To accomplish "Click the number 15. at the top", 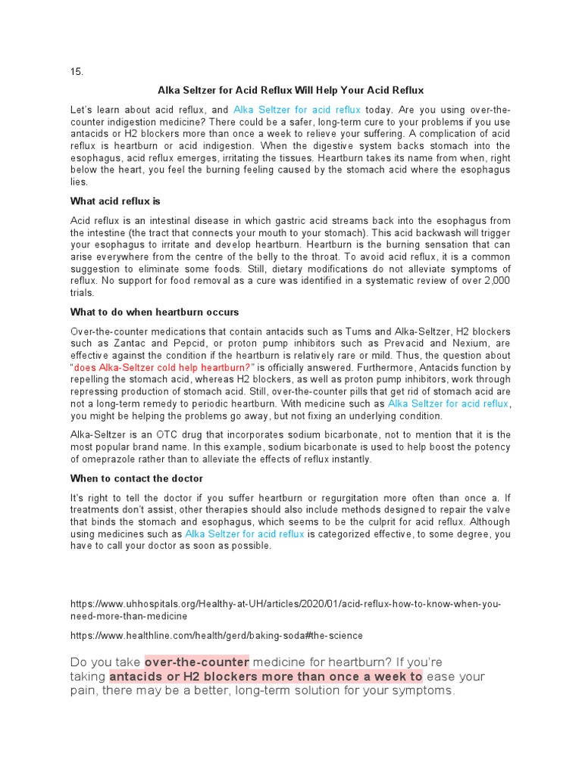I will [76, 72].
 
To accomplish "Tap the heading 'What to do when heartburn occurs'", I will [155, 312].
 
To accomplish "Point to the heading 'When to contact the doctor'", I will [136, 478].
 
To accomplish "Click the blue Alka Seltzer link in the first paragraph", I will [297, 110].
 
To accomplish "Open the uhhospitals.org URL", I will [286, 605].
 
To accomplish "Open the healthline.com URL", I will [217, 635].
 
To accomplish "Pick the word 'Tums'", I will [360, 331].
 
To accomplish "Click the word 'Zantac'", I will [114, 344].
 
